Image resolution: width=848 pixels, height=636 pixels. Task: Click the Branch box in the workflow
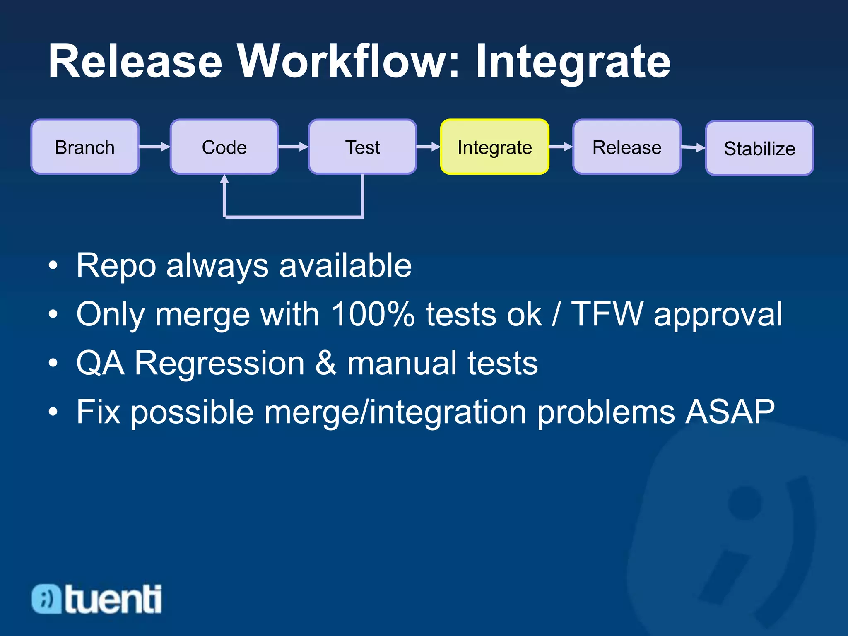click(85, 147)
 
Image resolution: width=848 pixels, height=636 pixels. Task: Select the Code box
click(224, 147)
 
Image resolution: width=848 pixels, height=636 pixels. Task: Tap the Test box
click(362, 147)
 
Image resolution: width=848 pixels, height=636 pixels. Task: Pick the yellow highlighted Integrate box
click(494, 147)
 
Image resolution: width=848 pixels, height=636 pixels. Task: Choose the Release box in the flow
click(626, 147)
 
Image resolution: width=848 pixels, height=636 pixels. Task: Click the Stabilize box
click(759, 148)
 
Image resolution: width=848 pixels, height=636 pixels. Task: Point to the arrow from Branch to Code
click(154, 147)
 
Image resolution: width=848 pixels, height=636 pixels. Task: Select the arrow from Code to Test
click(293, 147)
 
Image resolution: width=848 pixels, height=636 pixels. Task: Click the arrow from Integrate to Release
click(561, 147)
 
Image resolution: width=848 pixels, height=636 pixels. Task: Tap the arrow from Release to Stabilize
click(693, 147)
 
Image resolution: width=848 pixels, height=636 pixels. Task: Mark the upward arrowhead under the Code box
click(224, 179)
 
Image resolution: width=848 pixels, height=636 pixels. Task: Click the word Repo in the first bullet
click(116, 266)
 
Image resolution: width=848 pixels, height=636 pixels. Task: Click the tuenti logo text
click(113, 599)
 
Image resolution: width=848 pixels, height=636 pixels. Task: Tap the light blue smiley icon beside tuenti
click(46, 599)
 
